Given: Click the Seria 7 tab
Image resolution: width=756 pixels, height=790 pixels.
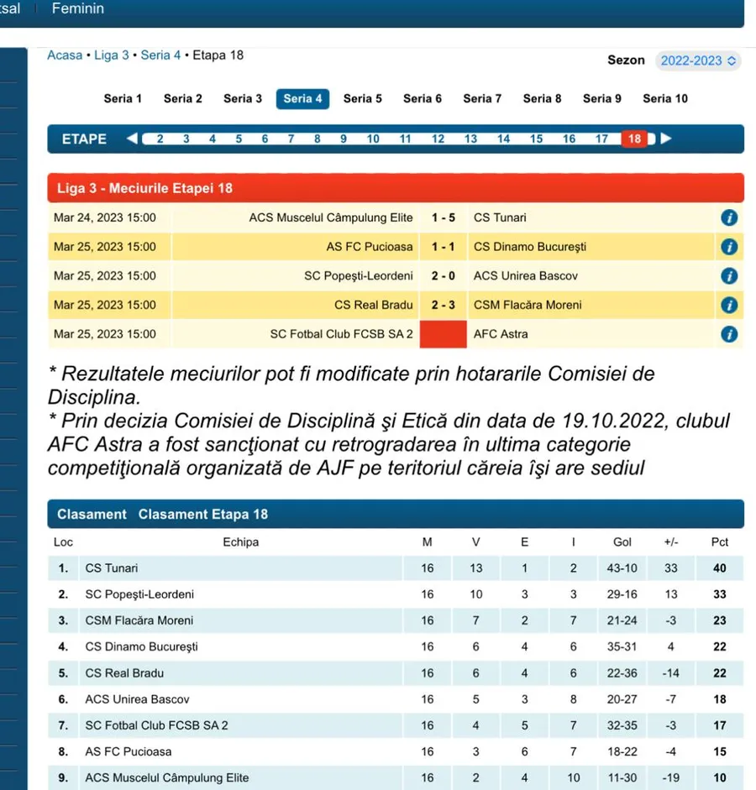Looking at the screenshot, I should [482, 99].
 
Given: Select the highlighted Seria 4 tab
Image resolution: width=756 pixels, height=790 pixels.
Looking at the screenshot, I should [302, 99].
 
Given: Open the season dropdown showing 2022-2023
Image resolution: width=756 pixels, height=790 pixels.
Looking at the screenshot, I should [697, 61].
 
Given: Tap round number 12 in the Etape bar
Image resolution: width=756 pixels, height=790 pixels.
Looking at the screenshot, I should [438, 139].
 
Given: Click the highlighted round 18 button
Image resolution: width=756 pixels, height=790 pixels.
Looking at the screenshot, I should [634, 139].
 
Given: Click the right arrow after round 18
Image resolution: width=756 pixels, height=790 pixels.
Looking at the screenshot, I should [666, 139].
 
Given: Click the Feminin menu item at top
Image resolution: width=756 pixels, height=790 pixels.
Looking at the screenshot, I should [78, 8].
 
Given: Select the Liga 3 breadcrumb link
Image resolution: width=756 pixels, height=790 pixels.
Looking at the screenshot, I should [112, 55].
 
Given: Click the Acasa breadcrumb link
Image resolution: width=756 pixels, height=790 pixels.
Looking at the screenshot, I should [65, 55].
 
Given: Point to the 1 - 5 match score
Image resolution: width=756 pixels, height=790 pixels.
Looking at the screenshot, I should [444, 217].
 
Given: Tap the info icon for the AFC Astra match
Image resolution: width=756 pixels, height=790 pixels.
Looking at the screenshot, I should [729, 334].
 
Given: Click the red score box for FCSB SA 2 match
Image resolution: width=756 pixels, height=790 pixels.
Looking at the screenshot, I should [444, 334].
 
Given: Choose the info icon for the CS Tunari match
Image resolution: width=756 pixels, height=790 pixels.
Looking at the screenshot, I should [729, 217].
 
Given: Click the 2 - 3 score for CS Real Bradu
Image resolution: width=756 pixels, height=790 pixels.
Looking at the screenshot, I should [444, 305].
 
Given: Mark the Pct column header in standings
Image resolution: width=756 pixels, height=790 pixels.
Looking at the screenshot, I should [719, 542].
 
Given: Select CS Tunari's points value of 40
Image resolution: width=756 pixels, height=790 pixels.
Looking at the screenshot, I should [719, 568].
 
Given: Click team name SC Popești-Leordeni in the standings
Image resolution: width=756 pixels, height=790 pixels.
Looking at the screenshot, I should [139, 594].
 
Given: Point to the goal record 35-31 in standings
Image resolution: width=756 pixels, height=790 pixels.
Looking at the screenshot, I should [622, 646].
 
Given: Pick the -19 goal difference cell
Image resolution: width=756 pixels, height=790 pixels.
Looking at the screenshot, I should [670, 777].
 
